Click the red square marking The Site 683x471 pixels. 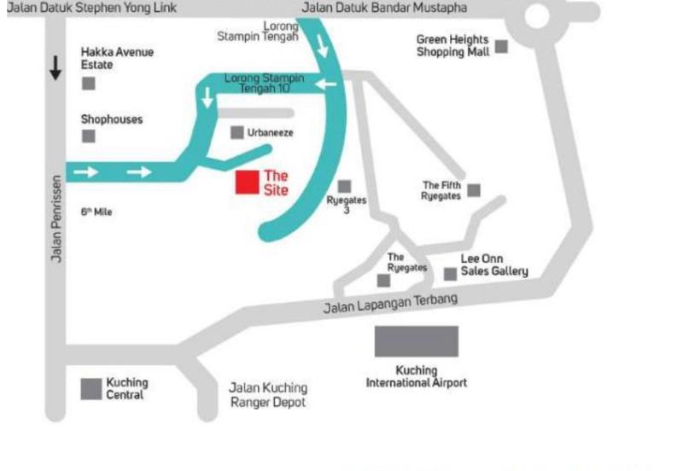(248, 183)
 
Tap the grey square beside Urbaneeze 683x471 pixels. (237, 132)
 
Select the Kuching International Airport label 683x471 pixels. (417, 376)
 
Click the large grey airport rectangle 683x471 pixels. (417, 340)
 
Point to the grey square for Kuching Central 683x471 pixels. (90, 388)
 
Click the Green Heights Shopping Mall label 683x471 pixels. (452, 45)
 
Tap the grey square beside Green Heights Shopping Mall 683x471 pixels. (501, 46)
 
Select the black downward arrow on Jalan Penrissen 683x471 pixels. (55, 68)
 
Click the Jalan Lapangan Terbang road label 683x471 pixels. (390, 303)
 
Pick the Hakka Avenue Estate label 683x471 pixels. (117, 58)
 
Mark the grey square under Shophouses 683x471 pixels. (88, 137)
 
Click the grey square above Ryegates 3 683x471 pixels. (344, 186)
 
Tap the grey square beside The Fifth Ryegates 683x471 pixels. (474, 189)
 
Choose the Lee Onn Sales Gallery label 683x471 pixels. (494, 265)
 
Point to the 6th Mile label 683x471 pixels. (96, 212)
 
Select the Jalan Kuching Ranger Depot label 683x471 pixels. (268, 394)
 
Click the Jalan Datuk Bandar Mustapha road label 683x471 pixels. (384, 9)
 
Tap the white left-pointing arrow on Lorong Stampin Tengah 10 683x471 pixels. (324, 84)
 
